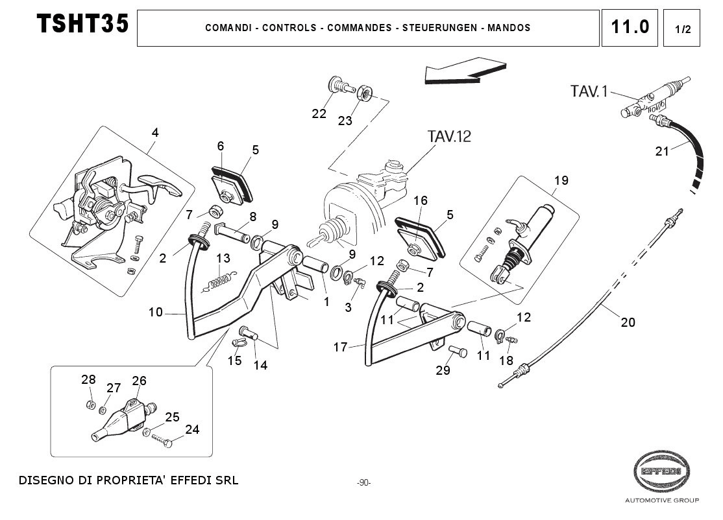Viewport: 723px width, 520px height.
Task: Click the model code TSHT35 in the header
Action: tap(82, 25)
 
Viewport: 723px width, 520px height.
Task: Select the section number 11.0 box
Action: tap(629, 27)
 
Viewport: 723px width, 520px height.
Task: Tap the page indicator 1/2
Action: tap(681, 29)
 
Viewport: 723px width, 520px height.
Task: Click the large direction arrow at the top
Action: tap(465, 70)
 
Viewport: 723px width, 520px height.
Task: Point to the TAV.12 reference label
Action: tap(449, 136)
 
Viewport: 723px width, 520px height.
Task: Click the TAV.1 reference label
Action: tap(589, 91)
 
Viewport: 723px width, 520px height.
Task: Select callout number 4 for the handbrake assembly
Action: tap(155, 132)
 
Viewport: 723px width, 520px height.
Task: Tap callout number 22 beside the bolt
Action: tap(319, 114)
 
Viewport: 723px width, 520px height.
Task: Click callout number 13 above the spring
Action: tap(223, 258)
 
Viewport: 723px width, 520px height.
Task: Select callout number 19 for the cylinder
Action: tap(561, 180)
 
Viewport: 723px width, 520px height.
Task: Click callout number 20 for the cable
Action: tap(628, 322)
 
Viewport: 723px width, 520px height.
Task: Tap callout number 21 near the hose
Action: tap(661, 152)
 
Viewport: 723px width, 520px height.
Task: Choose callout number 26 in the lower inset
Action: tap(139, 381)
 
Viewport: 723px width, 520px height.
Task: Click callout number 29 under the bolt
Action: tap(443, 370)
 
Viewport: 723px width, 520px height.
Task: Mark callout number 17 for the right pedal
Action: tap(341, 347)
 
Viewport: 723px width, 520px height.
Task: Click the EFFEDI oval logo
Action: tap(661, 470)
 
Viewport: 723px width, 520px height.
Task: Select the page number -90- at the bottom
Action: tap(363, 483)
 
